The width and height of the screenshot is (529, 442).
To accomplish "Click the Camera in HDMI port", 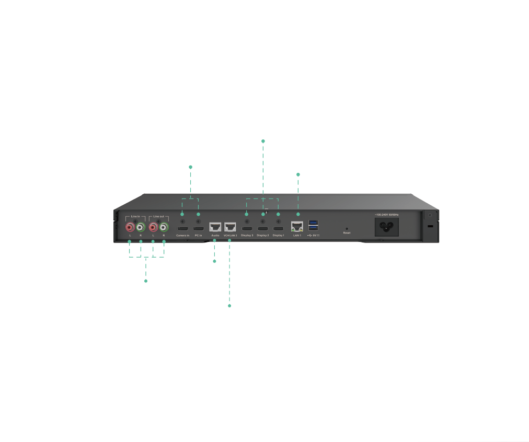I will tap(182, 229).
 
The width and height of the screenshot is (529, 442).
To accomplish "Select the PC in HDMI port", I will tap(198, 229).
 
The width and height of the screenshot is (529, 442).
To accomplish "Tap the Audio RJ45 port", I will tap(215, 227).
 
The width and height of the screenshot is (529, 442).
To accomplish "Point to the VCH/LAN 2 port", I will tap(230, 227).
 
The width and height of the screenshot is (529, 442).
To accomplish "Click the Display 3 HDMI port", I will tap(247, 229).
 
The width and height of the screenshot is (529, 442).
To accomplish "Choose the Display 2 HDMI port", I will tap(262, 229).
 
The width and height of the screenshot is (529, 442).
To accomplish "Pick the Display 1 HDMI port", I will tap(278, 229).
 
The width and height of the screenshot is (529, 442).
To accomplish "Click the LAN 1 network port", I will tap(297, 227).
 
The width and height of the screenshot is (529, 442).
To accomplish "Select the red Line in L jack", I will tap(130, 227).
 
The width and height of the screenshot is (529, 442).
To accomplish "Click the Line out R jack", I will tap(164, 227).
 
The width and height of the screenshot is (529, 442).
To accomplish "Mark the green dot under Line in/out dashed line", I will tap(146, 281).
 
